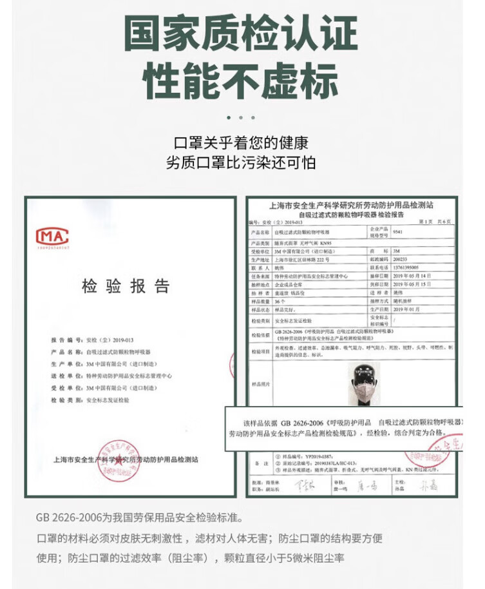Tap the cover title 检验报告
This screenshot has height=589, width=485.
(x=125, y=287)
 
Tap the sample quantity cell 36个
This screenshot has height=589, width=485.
(x=281, y=300)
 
